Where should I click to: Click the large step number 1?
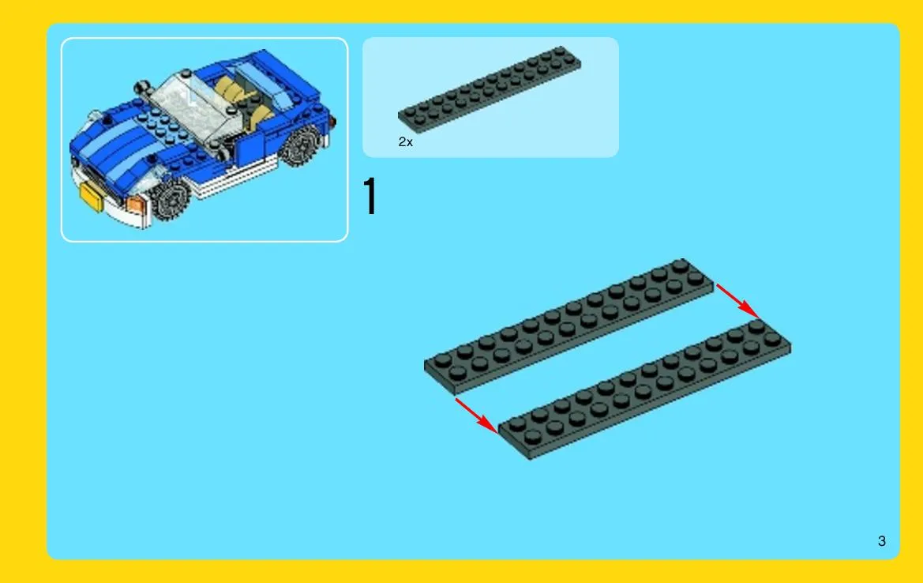pyautogui.click(x=370, y=196)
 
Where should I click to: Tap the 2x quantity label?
pyautogui.click(x=406, y=142)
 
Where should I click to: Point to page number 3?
pyautogui.click(x=881, y=541)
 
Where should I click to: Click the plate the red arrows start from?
pyautogui.click(x=568, y=325)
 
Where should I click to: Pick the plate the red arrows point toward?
pyautogui.click(x=644, y=389)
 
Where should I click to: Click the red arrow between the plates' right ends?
pyautogui.click(x=737, y=301)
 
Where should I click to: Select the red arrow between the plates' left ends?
pyautogui.click(x=477, y=416)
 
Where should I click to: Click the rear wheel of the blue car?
pyautogui.click(x=301, y=145)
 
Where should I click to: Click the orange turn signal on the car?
pyautogui.click(x=135, y=205)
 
